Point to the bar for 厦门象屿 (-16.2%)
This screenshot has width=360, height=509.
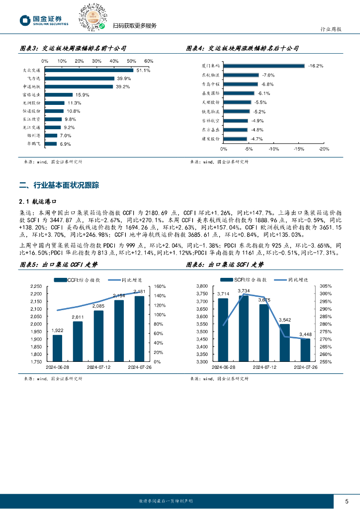(x=264, y=66)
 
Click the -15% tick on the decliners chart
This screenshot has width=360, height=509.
(x=299, y=149)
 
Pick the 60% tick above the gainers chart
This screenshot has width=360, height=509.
(x=149, y=61)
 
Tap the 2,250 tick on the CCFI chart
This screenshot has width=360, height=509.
(x=36, y=286)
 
